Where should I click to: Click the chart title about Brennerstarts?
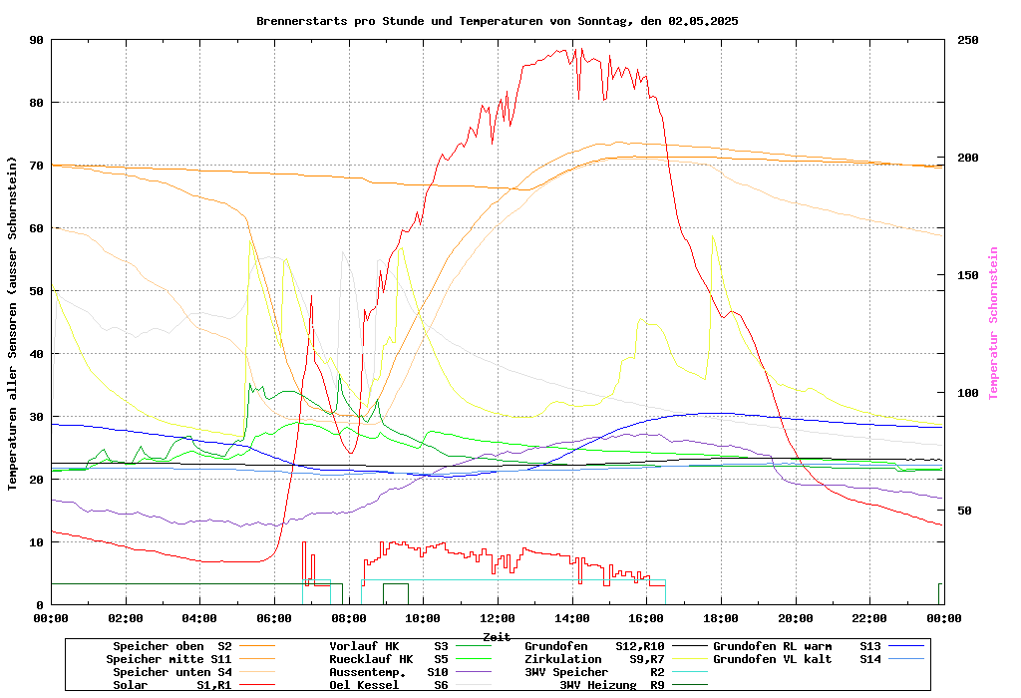coord(497,21)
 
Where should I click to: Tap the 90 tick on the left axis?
coord(37,40)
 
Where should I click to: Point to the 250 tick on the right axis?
coord(968,40)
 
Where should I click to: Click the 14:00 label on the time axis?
coord(571,618)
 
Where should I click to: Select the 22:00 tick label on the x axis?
coord(869,618)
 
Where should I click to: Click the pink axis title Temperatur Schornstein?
coord(993,323)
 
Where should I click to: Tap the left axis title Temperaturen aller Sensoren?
coord(13,323)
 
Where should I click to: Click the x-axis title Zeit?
coord(497,636)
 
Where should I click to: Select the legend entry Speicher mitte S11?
coord(169,659)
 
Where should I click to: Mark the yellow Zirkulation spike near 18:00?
coord(712,236)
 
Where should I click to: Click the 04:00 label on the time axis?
coord(199,618)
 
